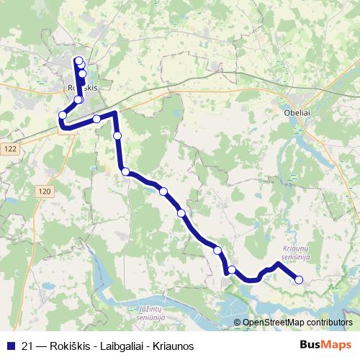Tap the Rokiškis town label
pos(81,86)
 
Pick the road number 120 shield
pos(45,191)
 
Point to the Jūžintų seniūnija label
pos(150,312)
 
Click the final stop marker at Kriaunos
pos(299,279)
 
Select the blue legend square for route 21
pos(9,346)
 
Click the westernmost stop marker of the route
pos(63,115)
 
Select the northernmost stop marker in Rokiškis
pos(78,60)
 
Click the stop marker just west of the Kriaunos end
pos(232,270)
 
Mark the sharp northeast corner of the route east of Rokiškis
pos(114,113)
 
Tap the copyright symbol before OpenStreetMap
pos(238,323)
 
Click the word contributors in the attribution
pos(329,323)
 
